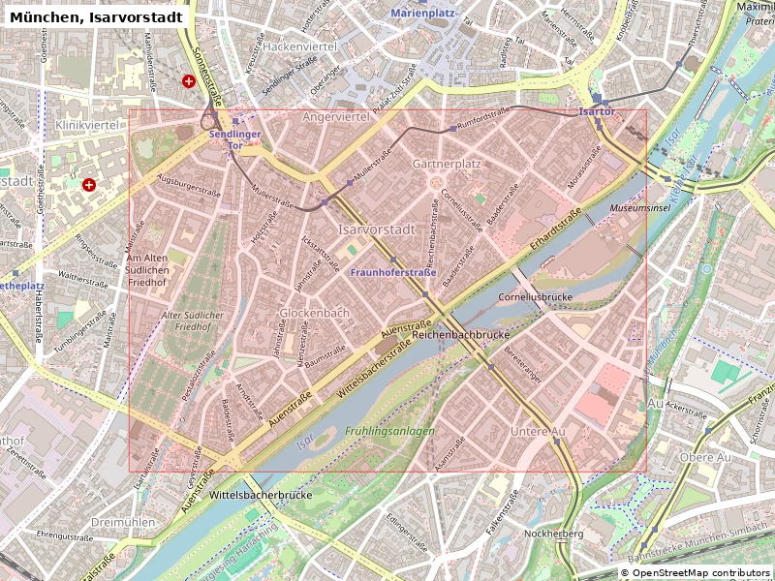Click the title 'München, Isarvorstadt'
tap(96, 17)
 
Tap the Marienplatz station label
tap(422, 13)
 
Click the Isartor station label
tap(597, 112)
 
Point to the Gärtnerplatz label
tap(447, 164)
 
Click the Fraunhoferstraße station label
tap(392, 273)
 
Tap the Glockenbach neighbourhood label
tap(314, 313)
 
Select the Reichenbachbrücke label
tap(461, 334)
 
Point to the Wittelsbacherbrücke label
tap(260, 494)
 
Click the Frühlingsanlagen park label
tap(389, 431)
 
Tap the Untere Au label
tap(538, 431)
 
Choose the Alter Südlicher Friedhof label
tap(193, 321)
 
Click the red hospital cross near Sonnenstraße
tap(189, 81)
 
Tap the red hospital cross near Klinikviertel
tap(89, 184)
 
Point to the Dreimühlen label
tap(122, 521)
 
